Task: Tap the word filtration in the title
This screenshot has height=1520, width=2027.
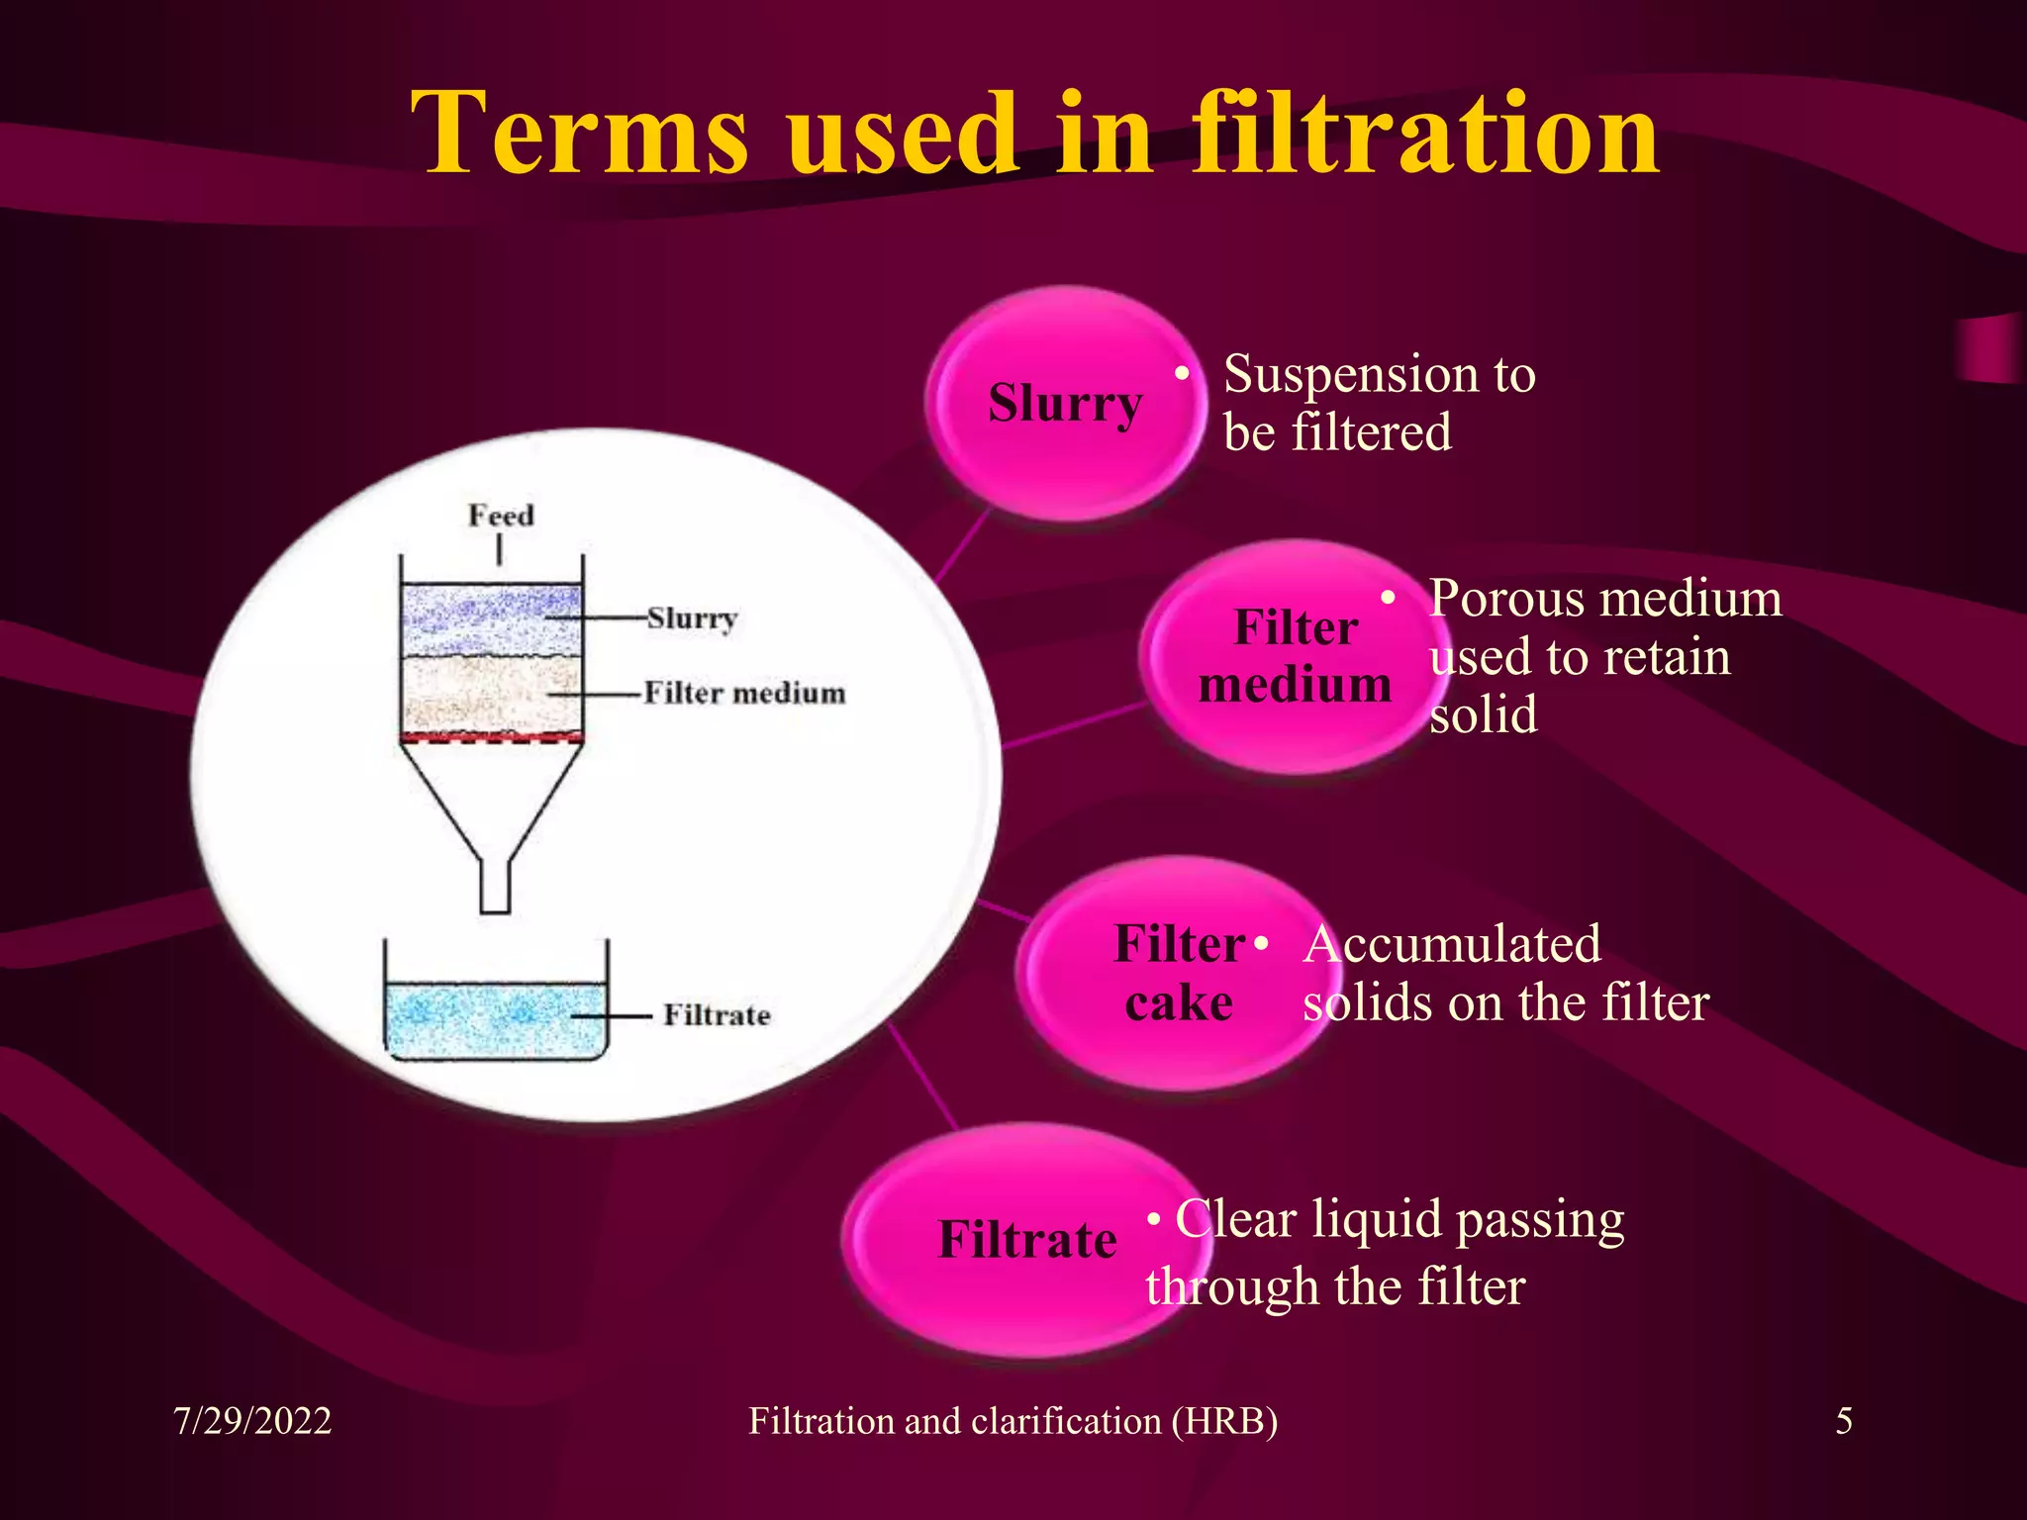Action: [x=1425, y=134]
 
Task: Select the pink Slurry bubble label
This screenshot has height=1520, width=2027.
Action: [x=1065, y=403]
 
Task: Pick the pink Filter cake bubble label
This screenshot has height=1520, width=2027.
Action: [x=1179, y=973]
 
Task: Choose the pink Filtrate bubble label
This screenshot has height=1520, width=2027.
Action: [x=1027, y=1239]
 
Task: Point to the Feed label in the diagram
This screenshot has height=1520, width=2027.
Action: [x=501, y=516]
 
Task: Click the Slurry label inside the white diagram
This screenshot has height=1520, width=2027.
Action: [x=692, y=618]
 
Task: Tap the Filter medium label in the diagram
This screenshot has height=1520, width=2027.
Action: [x=744, y=693]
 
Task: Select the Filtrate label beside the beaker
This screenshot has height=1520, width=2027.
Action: [x=717, y=1015]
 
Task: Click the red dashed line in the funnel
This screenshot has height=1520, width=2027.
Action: [x=492, y=737]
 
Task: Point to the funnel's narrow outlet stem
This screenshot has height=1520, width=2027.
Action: [x=495, y=886]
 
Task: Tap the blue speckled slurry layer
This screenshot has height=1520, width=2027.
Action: [x=490, y=618]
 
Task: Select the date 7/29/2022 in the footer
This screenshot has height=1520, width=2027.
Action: [x=252, y=1421]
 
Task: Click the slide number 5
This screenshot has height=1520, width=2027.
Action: [x=1844, y=1421]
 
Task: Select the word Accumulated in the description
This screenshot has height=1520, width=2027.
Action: [x=1452, y=944]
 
